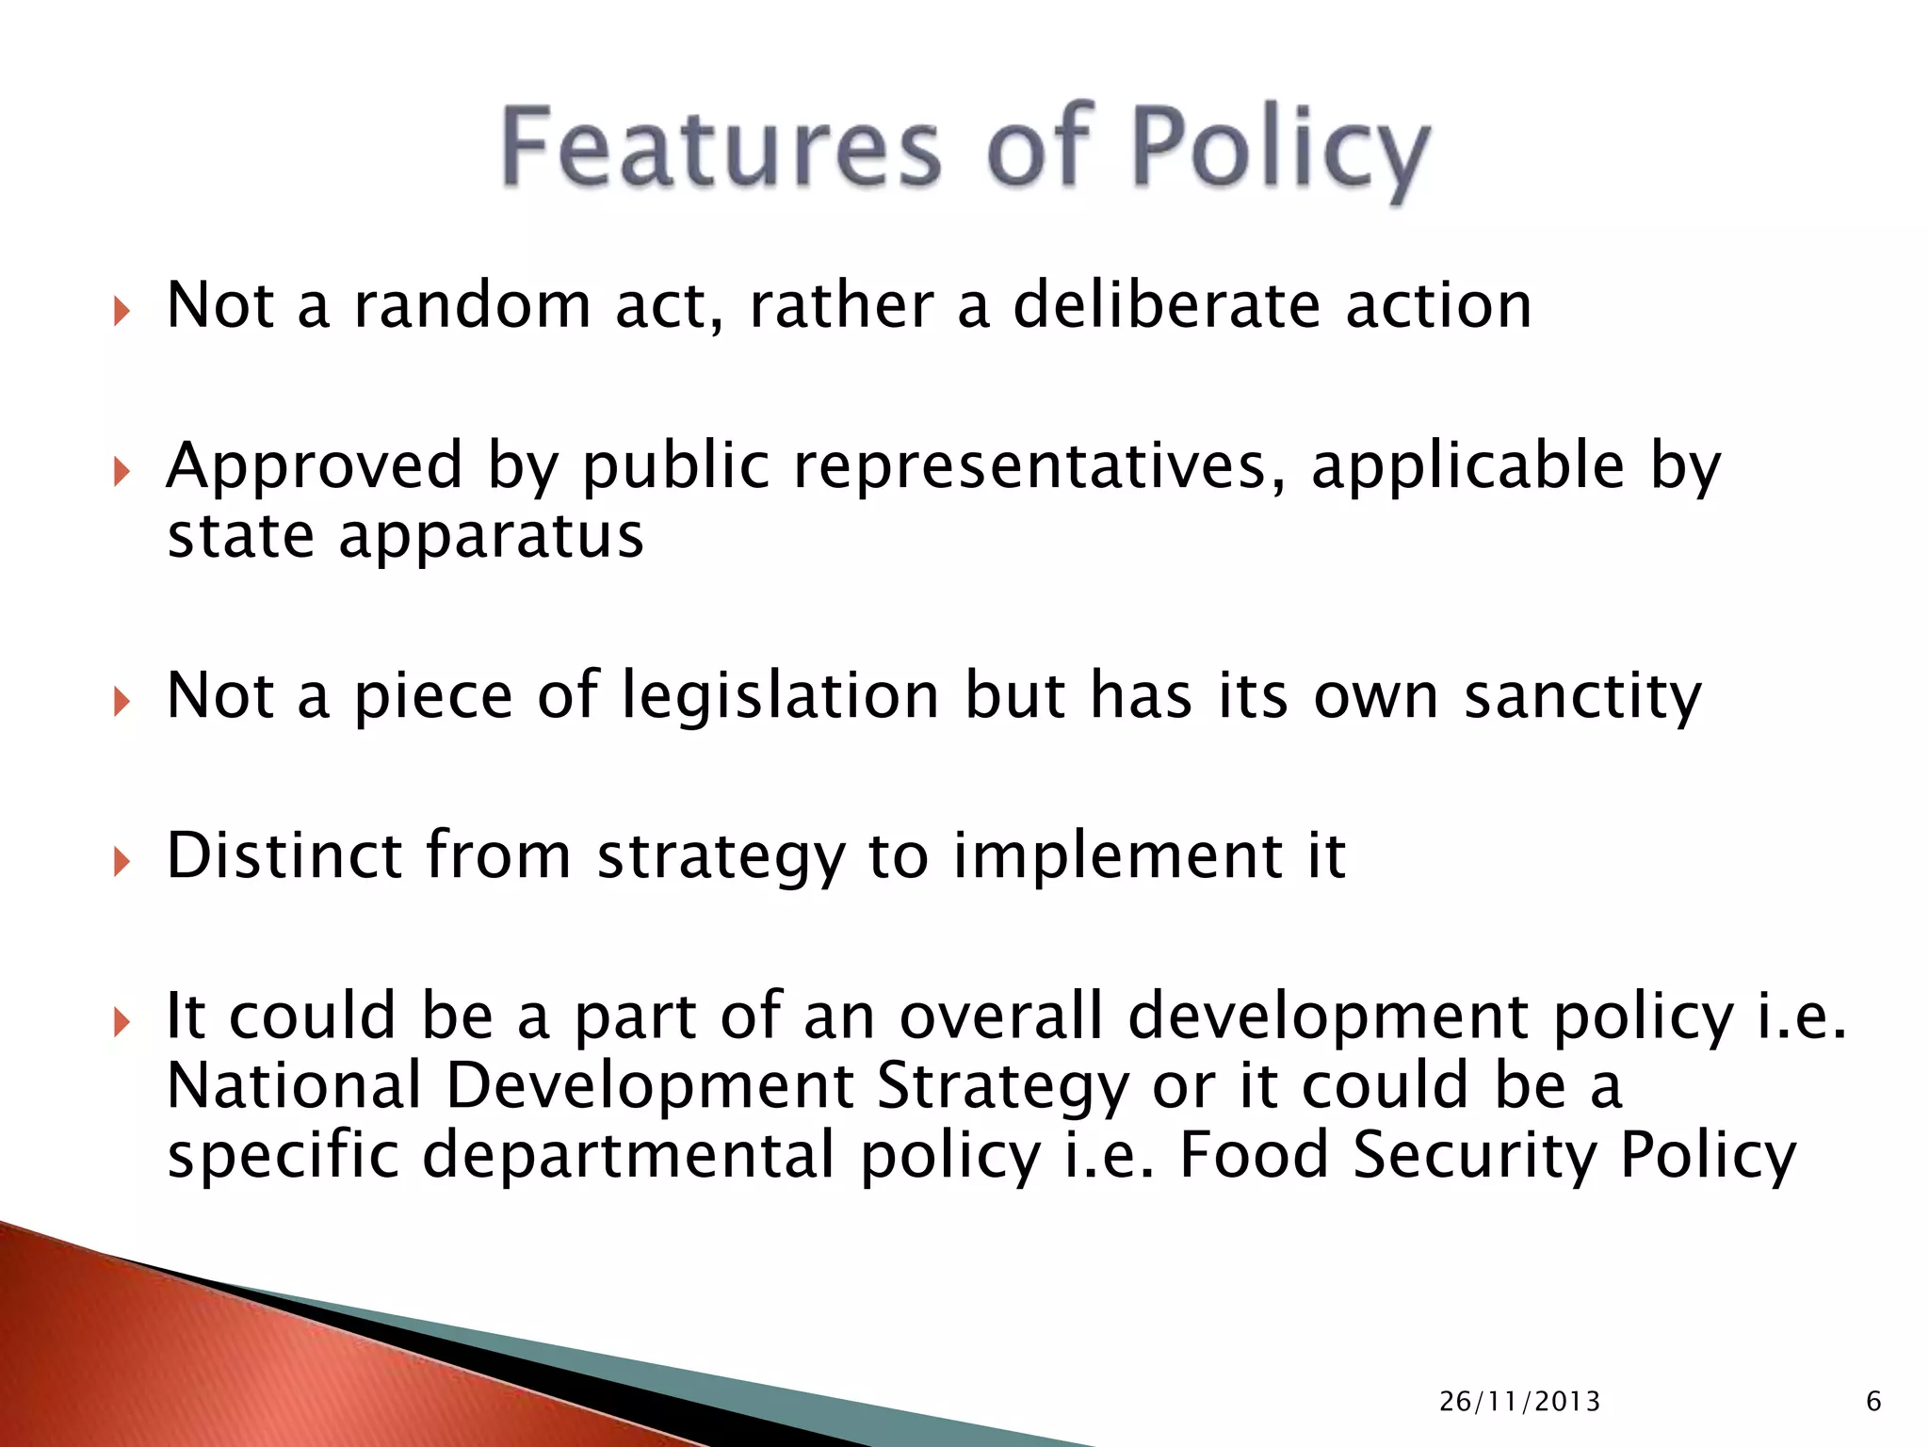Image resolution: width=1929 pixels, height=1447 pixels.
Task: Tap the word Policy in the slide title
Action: coord(1279,151)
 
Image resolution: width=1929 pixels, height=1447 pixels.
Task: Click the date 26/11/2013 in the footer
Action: coord(1519,1402)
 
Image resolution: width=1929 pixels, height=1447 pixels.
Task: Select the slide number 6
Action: coord(1873,1402)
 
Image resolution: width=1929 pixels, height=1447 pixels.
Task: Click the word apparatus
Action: coord(491,537)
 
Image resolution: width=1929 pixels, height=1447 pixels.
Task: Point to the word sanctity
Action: coord(1582,697)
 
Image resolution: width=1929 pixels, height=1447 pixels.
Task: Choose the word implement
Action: coord(1117,857)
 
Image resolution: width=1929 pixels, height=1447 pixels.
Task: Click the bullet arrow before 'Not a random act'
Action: coord(122,310)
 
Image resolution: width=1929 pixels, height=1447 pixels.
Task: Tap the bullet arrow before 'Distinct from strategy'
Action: coord(122,860)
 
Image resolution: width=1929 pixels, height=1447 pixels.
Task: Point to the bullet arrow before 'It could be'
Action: coord(122,1020)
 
